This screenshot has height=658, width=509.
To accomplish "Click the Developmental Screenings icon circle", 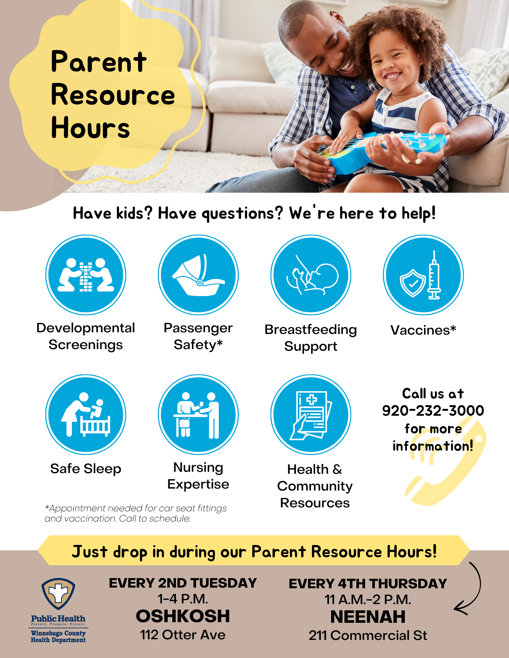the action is tap(86, 275).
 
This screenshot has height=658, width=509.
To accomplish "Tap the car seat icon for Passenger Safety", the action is tap(198, 275).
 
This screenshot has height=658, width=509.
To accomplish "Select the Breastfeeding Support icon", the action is tap(311, 275).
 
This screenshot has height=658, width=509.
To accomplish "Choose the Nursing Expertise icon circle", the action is tap(198, 415).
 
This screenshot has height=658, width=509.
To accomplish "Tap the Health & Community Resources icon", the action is tap(311, 415).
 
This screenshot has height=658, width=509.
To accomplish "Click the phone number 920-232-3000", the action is tap(433, 410).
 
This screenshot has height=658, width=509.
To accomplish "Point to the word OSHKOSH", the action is tap(183, 616).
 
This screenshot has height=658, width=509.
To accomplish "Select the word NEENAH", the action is tap(368, 617).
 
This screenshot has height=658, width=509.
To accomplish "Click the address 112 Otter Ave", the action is tap(183, 635).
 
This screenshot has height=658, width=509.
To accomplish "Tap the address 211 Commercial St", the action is tap(368, 636).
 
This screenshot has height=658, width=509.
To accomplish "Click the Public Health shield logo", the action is tap(58, 594).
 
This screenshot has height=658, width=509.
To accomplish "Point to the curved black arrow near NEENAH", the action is tap(479, 589).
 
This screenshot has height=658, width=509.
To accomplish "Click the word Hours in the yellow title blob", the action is tap(91, 127).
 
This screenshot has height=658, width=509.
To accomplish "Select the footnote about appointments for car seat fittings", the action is tap(136, 513).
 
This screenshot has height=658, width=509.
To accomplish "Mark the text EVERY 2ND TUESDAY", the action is tap(183, 583).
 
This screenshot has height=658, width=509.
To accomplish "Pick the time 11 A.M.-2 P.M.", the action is tap(368, 599).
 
